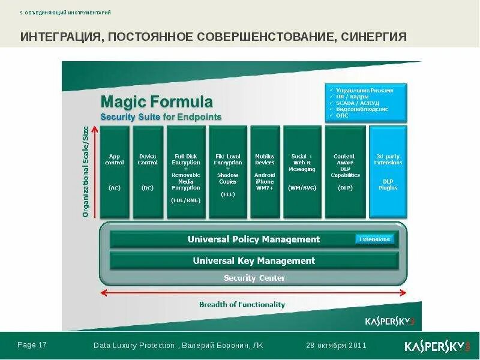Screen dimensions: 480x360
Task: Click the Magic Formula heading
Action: point(156,100)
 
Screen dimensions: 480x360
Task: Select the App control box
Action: point(115,172)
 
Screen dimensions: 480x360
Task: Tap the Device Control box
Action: point(148,172)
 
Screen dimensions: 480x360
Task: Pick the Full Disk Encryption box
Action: point(186,172)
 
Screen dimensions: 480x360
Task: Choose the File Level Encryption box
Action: point(228,172)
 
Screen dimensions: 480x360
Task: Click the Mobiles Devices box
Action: point(265,172)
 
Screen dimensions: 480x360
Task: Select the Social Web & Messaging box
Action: point(302,172)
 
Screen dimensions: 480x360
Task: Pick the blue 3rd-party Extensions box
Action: point(388,172)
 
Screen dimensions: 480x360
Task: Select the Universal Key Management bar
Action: point(254,261)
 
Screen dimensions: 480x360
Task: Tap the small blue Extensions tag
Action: point(375,239)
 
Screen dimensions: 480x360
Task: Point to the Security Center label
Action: point(254,278)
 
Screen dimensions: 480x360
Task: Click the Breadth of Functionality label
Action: point(242,305)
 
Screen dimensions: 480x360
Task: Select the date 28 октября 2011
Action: point(336,346)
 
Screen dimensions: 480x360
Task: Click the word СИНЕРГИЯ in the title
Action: point(374,37)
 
